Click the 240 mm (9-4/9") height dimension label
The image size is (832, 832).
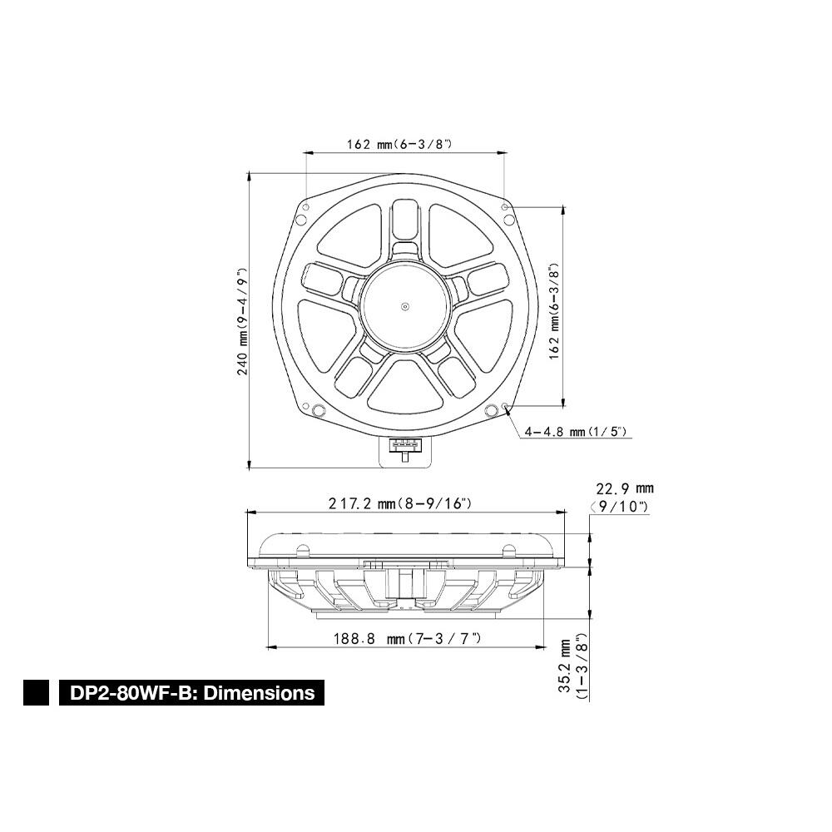point(243,321)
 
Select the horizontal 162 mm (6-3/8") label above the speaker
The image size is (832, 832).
point(399,144)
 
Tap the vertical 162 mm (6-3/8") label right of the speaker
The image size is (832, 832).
point(554,312)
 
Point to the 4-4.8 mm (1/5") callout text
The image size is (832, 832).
point(576,432)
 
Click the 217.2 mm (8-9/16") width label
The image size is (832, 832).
point(400,503)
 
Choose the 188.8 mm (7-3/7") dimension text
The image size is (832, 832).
point(407,638)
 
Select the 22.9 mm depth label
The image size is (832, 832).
point(625,488)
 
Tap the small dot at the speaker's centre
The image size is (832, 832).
point(405,306)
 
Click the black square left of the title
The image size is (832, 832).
point(36,692)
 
